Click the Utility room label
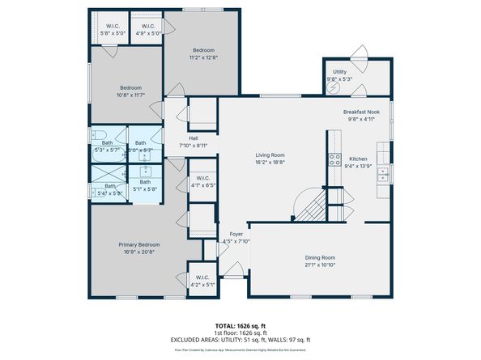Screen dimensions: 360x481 pos(339,71)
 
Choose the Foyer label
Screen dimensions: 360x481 pos(236,234)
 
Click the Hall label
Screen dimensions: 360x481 pos(194,138)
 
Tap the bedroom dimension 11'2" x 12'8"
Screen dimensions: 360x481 pos(204,57)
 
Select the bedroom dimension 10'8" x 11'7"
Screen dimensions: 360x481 pos(131,95)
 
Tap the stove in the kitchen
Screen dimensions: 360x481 pos(332,159)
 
